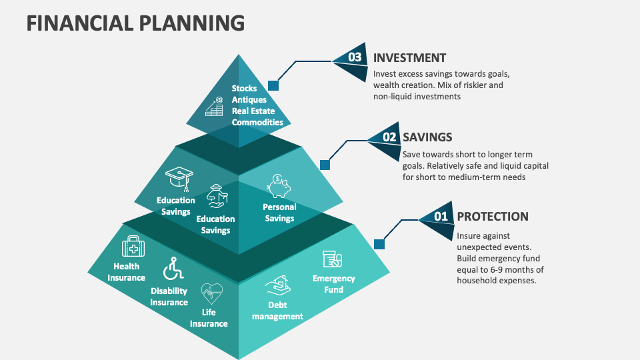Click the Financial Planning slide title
135,22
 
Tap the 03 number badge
353,58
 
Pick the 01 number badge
440,217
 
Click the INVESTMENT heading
409,58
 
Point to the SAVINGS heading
427,137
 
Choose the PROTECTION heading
492,217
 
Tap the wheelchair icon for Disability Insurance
173,269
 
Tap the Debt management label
277,311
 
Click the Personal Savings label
279,213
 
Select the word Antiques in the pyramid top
249,99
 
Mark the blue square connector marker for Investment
273,85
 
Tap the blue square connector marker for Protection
379,244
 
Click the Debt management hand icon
277,287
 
